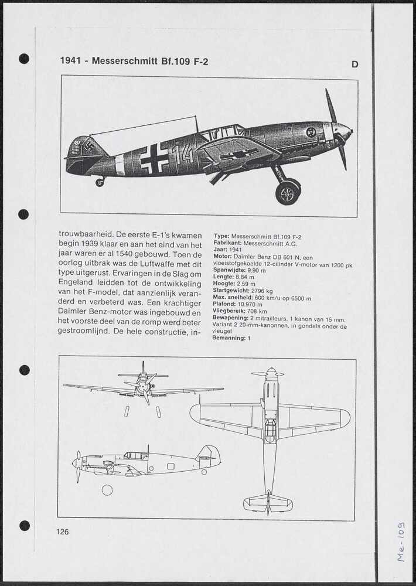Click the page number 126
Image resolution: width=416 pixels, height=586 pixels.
coord(63,532)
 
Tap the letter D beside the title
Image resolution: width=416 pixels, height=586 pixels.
coord(354,64)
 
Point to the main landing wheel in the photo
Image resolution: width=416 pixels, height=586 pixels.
coord(287,192)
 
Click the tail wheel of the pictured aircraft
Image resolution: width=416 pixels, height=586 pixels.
coord(100,182)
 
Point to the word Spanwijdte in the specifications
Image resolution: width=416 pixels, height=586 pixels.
coord(229,270)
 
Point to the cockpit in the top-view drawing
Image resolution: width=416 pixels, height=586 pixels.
coord(270,430)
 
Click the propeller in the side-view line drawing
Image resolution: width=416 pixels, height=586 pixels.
coord(78,466)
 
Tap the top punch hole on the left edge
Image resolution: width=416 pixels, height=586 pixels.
coord(24,59)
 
